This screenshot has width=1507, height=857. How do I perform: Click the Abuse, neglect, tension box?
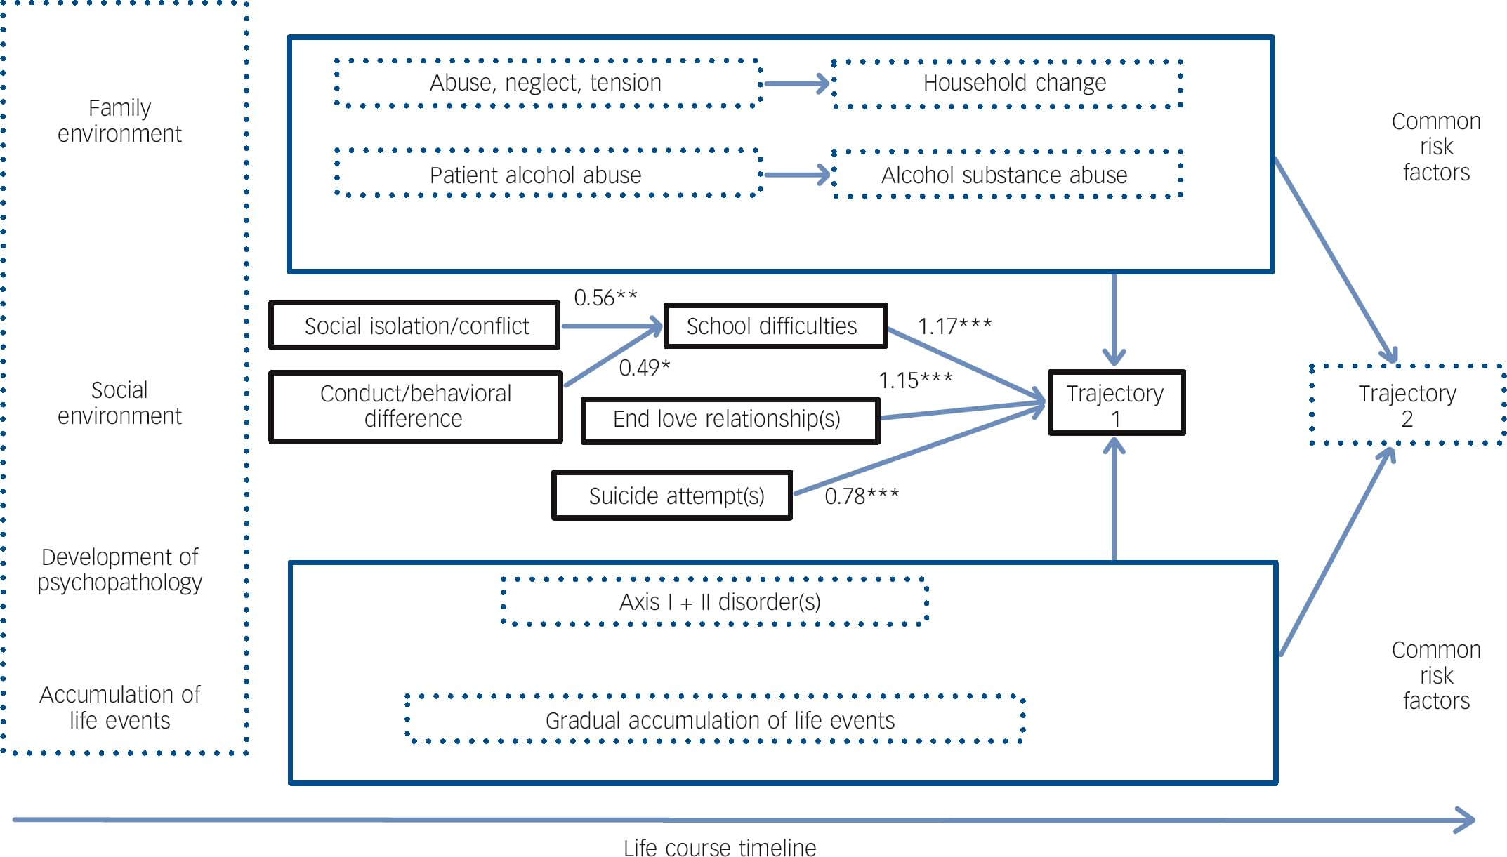[546, 83]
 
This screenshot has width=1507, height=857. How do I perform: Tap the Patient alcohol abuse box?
[546, 174]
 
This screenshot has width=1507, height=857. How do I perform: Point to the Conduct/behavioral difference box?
[416, 406]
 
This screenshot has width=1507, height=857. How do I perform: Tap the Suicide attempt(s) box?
[673, 496]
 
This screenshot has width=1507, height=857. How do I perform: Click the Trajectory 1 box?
[1115, 404]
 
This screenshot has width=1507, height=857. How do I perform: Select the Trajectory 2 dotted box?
[1407, 405]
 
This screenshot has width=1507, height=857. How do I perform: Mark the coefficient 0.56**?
[605, 298]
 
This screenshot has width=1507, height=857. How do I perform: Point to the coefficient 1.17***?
[954, 326]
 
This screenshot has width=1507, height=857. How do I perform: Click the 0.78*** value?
[861, 496]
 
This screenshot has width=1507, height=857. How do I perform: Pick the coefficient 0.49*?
[644, 368]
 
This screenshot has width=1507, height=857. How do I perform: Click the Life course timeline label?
[719, 847]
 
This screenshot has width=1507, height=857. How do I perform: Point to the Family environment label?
[119, 121]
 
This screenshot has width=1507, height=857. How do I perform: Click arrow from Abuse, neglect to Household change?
[796, 84]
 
